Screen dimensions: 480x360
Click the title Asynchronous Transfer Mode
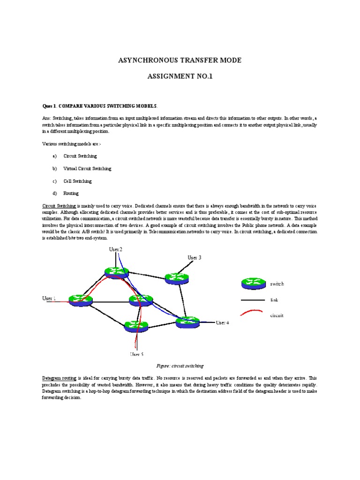[x=180, y=60]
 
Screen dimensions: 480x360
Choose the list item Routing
[x=71, y=193]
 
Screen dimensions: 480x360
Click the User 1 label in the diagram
[x=49, y=298]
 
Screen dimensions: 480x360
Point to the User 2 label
[x=116, y=249]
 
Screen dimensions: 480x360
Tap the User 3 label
[x=195, y=257]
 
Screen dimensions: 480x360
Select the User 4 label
[x=222, y=322]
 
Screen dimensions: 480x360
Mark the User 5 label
[x=136, y=354]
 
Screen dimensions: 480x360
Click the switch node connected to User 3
[x=176, y=278]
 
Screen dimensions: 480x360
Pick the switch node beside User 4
[x=187, y=322]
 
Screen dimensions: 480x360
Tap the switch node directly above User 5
[x=136, y=326]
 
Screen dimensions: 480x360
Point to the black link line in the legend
[x=253, y=300]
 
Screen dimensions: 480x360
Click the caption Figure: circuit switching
[x=180, y=366]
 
